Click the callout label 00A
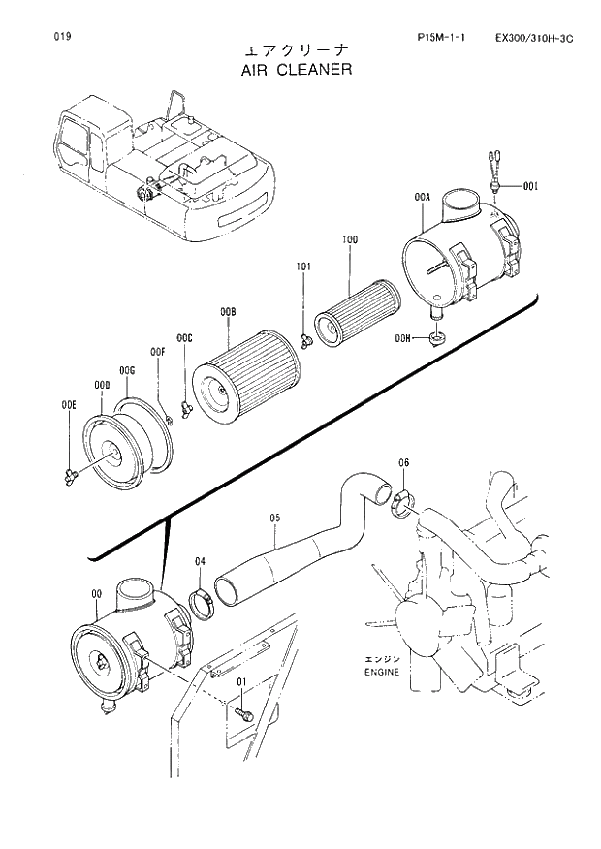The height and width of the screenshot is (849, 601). click(422, 197)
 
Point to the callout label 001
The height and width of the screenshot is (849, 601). click(530, 185)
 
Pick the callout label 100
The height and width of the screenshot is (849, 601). click(350, 238)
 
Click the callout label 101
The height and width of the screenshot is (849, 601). click(303, 265)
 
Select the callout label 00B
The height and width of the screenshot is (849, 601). click(228, 311)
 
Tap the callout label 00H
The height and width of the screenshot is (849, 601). click(404, 338)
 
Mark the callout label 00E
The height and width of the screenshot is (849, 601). click(68, 404)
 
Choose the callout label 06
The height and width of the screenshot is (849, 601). click(403, 463)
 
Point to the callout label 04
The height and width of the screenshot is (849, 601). click(200, 561)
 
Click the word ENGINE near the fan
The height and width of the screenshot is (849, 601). click(381, 671)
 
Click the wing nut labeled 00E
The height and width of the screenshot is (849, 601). click(71, 474)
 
